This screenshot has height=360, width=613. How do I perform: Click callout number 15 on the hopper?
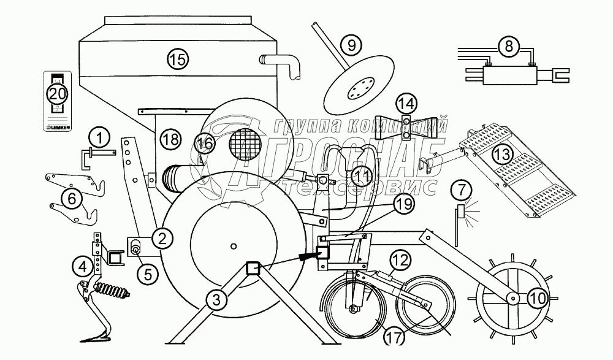click(x=177, y=59)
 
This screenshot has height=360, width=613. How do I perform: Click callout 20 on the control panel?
click(x=57, y=94)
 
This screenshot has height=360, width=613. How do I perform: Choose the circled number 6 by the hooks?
click(x=72, y=198)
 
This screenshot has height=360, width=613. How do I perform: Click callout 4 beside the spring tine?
click(x=81, y=266)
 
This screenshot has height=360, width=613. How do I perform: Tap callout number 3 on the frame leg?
click(x=213, y=300)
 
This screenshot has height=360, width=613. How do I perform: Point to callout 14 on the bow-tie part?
click(x=408, y=103)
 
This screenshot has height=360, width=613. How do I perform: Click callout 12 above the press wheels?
click(x=397, y=261)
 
